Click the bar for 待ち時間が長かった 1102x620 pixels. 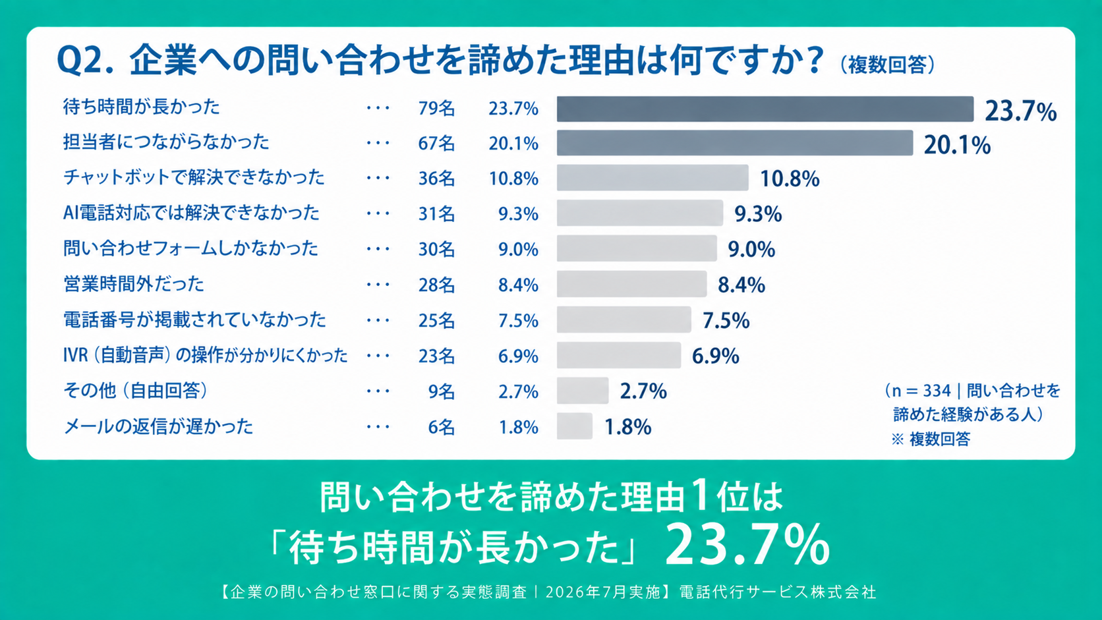click(x=765, y=109)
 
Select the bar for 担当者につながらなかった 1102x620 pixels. click(x=735, y=143)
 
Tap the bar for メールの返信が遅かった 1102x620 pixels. click(x=575, y=426)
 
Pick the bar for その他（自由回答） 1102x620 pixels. click(x=583, y=391)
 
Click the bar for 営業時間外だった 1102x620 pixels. click(x=631, y=284)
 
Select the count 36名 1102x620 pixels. click(x=436, y=179)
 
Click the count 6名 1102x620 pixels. click(x=442, y=427)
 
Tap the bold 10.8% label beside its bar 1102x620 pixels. click(x=790, y=179)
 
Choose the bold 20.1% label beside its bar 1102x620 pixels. click(x=957, y=145)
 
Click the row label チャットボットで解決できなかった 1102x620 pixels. click(x=194, y=177)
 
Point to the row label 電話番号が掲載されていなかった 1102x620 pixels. click(x=194, y=320)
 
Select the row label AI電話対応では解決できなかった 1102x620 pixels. click(x=191, y=213)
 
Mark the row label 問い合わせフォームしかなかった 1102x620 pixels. click(x=190, y=248)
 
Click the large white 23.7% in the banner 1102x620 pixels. click(x=747, y=545)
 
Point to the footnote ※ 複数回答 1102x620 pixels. click(x=930, y=439)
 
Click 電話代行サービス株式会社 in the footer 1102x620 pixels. click(x=778, y=592)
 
